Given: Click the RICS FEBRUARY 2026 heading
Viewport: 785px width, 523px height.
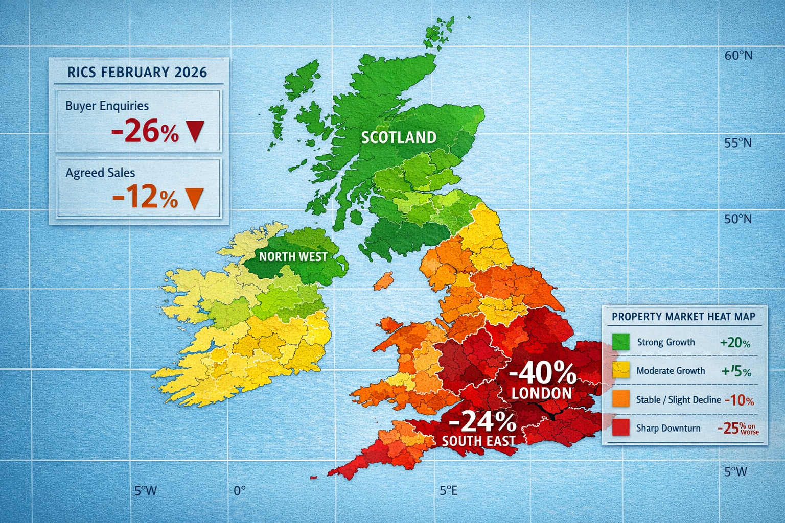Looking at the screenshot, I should pos(137,72).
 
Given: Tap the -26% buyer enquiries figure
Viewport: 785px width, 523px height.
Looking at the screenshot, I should pos(145,132).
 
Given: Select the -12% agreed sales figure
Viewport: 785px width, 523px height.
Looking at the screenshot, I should pos(145,198).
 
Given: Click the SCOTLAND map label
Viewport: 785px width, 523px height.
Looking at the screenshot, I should pos(399,137).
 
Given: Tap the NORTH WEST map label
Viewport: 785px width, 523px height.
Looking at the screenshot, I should pos(293,256).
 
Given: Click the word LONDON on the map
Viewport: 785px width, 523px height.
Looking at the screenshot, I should pos(542,393).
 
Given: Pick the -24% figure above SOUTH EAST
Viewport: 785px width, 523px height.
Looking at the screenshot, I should pos(482,422).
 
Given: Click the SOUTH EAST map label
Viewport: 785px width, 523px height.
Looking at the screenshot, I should pos(478,441).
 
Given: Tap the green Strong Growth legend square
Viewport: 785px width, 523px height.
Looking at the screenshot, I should pos(621,342).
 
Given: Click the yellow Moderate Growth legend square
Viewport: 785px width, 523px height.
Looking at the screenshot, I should pos(621,371).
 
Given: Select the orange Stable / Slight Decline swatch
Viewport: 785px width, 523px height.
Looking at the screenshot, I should pos(621,399).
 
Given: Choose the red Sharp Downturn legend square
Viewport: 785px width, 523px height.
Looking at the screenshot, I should pos(621,428).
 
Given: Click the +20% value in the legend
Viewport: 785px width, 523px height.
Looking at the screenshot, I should pos(735,343).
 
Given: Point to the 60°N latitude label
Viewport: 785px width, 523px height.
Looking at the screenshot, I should pos(738,55).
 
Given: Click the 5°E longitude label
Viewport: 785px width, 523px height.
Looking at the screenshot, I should pos(448,491).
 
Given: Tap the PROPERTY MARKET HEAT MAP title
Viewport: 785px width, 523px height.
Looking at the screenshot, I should pos(683,317).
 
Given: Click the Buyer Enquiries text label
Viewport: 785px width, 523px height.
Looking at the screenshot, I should pos(107,106).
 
